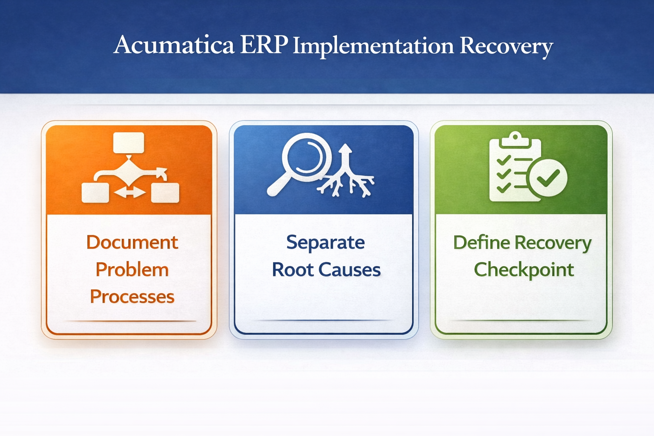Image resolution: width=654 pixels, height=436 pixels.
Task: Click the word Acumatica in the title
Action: click(174, 45)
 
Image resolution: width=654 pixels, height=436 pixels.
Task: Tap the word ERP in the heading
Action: click(264, 45)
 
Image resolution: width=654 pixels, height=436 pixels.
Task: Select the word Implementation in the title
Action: click(373, 46)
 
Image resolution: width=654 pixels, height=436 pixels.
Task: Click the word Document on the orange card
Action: click(132, 242)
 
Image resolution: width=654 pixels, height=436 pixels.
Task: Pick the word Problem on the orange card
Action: click(132, 270)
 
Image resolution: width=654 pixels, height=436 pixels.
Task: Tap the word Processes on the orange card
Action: click(132, 297)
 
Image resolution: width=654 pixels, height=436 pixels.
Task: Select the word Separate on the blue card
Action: click(325, 242)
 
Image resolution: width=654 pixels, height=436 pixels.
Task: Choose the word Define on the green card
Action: click(481, 242)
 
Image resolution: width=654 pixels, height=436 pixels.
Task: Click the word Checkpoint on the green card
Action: click(524, 270)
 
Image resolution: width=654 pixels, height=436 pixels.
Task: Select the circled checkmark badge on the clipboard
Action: click(548, 178)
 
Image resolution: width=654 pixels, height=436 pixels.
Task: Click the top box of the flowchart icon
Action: click(129, 143)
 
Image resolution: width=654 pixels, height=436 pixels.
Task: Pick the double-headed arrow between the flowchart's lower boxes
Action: click(130, 193)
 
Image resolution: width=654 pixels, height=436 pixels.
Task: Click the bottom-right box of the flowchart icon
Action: click(165, 193)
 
